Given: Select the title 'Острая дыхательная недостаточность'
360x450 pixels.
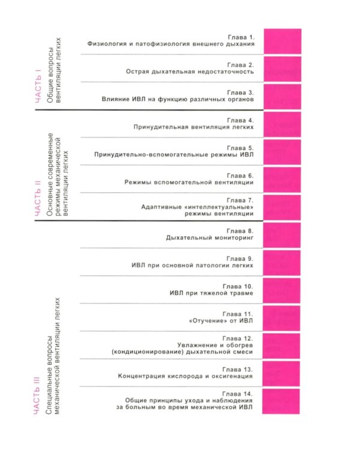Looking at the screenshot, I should [x=190, y=72].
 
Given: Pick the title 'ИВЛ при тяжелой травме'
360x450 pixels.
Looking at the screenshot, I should [x=212, y=293].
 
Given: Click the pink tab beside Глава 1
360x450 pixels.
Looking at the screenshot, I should [x=282, y=41].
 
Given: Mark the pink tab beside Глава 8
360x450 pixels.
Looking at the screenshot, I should [x=282, y=235].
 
